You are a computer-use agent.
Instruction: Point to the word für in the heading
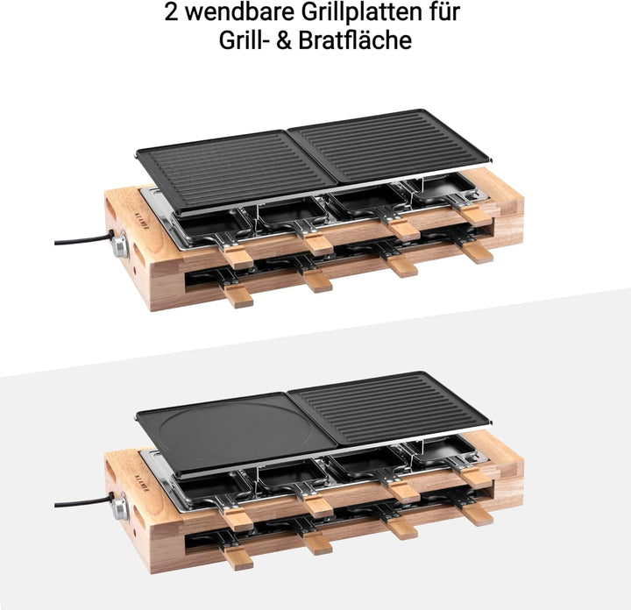pyautogui.click(x=440, y=13)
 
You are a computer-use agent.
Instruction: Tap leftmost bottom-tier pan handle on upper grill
pyautogui.click(x=238, y=296)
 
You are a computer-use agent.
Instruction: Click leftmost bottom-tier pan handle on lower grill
pyautogui.click(x=238, y=559)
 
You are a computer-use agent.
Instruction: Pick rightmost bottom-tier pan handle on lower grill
pyautogui.click(x=478, y=514)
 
